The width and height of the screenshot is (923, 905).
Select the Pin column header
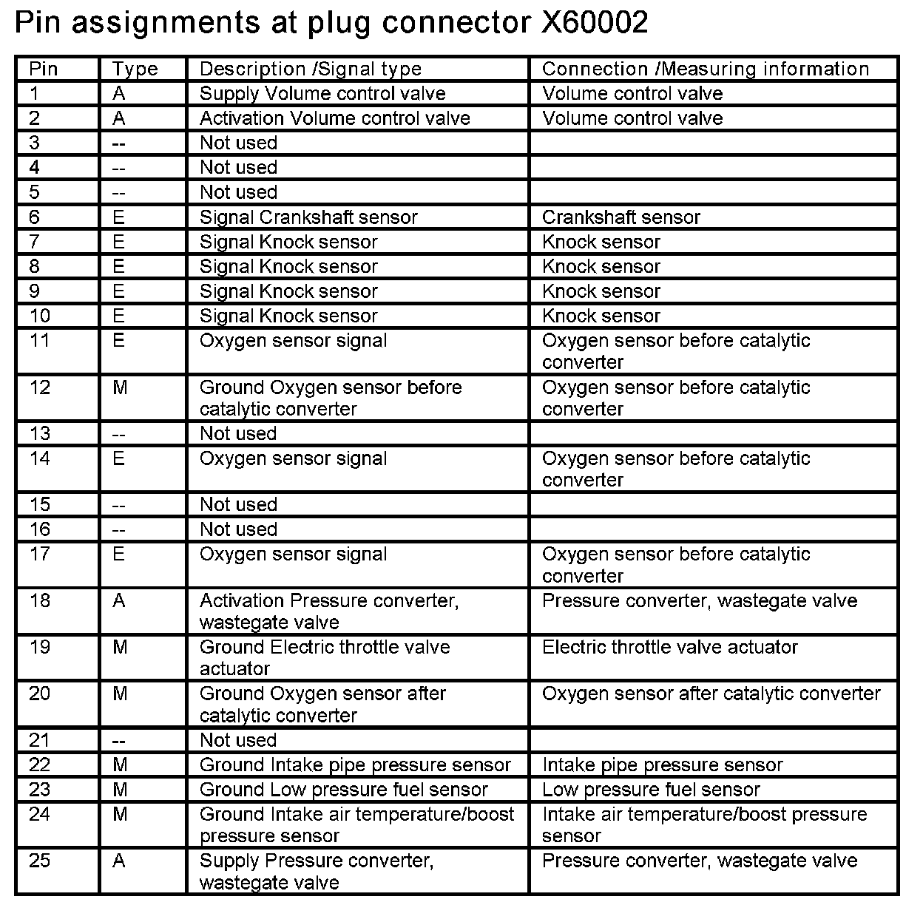pyautogui.click(x=44, y=70)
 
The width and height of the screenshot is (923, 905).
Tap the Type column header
pyautogui.click(x=135, y=70)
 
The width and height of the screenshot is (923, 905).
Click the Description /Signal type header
pyautogui.click(x=311, y=70)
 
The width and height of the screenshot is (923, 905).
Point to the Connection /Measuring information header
pyautogui.click(x=706, y=70)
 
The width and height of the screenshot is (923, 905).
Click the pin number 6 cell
pyautogui.click(x=35, y=217)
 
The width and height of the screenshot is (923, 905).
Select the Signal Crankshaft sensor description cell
pyautogui.click(x=308, y=217)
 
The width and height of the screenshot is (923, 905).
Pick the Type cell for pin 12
pyautogui.click(x=120, y=387)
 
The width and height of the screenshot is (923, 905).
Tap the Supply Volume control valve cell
pyautogui.click(x=322, y=94)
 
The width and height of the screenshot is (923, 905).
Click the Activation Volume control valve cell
pyautogui.click(x=334, y=118)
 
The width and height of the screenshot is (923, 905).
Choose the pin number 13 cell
pyautogui.click(x=40, y=434)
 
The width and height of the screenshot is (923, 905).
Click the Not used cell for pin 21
pyautogui.click(x=238, y=740)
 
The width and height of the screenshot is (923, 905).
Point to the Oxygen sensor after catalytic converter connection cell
pyautogui.click(x=711, y=694)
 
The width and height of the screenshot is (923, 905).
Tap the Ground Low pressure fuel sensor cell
pyautogui.click(x=344, y=790)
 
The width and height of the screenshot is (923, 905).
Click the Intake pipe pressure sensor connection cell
pyautogui.click(x=662, y=765)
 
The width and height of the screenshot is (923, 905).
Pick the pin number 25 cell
pyautogui.click(x=40, y=861)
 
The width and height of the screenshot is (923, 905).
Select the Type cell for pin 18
pyautogui.click(x=119, y=601)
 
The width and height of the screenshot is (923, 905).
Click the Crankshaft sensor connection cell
pyautogui.click(x=621, y=217)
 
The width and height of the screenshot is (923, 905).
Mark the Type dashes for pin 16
pyautogui.click(x=119, y=530)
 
